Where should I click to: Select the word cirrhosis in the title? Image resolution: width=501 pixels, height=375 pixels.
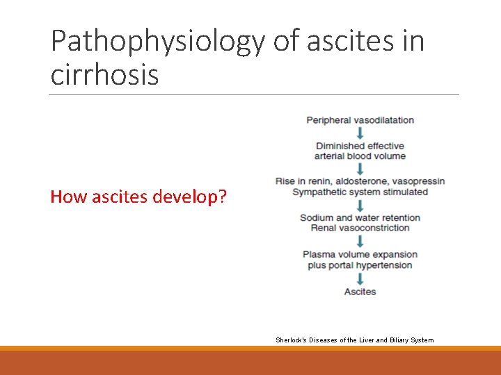pyautogui.click(x=104, y=75)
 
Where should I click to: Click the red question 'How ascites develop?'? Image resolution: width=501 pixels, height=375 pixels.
pyautogui.click(x=138, y=197)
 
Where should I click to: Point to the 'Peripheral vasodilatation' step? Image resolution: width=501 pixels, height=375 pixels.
pyautogui.click(x=360, y=120)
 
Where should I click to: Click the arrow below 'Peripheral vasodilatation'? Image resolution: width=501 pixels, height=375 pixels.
pyautogui.click(x=360, y=133)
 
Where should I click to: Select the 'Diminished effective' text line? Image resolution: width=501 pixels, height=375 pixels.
pyautogui.click(x=360, y=146)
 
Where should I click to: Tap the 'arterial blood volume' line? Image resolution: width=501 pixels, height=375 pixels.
pyautogui.click(x=360, y=156)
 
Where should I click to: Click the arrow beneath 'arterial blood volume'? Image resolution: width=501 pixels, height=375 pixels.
pyautogui.click(x=360, y=168)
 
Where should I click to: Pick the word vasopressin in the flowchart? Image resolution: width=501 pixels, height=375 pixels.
pyautogui.click(x=419, y=181)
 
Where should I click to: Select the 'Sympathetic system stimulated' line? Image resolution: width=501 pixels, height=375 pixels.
pyautogui.click(x=360, y=192)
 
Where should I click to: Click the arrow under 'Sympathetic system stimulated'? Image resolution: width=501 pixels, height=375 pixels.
pyautogui.click(x=360, y=205)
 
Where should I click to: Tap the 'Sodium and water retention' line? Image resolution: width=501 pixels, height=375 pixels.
pyautogui.click(x=360, y=217)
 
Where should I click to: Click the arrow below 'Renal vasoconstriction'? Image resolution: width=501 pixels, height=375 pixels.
pyautogui.click(x=360, y=241)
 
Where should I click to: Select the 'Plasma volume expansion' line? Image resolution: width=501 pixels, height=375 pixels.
pyautogui.click(x=360, y=254)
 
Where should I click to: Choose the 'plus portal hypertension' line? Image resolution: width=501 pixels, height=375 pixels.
pyautogui.click(x=360, y=265)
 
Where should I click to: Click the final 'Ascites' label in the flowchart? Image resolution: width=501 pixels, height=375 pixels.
pyautogui.click(x=360, y=292)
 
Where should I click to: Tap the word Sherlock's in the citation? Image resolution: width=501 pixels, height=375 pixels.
pyautogui.click(x=290, y=340)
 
